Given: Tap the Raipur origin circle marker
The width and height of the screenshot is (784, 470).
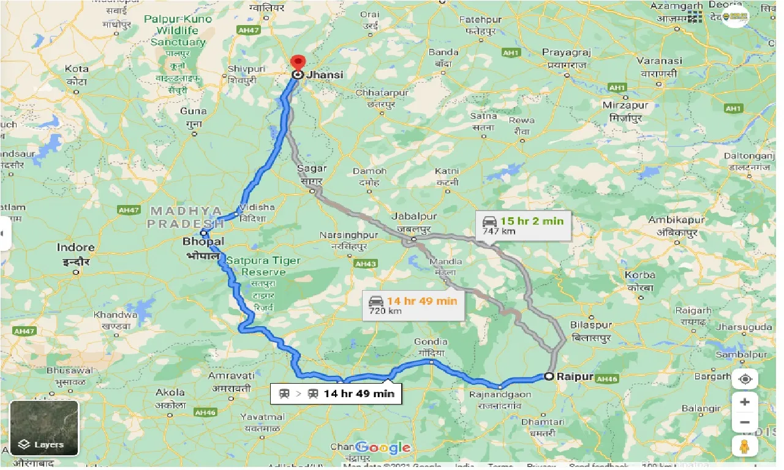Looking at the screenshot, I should click(549, 376).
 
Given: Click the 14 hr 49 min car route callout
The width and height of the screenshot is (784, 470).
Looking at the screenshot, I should click(412, 305).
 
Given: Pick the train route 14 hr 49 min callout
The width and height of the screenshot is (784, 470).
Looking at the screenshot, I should click(336, 393).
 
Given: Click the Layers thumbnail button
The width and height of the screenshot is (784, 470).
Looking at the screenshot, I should click(44, 428).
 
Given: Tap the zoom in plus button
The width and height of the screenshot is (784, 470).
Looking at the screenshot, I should click(745, 402).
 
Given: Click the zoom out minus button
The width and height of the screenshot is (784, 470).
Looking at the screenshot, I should click(745, 422).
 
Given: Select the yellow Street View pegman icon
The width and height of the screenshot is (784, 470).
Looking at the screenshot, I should click(745, 446).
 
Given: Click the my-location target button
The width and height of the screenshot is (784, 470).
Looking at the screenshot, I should click(745, 379).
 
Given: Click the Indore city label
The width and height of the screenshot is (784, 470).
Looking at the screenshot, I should click(75, 248).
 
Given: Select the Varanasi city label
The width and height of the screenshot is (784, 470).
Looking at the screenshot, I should click(659, 61).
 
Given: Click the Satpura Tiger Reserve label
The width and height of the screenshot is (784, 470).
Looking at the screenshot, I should click(263, 266).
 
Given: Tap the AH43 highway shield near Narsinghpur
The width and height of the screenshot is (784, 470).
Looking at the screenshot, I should click(365, 264).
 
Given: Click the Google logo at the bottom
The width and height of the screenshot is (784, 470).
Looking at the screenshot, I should click(383, 447).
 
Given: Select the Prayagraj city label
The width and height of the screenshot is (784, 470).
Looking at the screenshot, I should click(564, 53).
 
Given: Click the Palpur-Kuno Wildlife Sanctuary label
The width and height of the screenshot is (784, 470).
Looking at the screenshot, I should click(178, 31).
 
